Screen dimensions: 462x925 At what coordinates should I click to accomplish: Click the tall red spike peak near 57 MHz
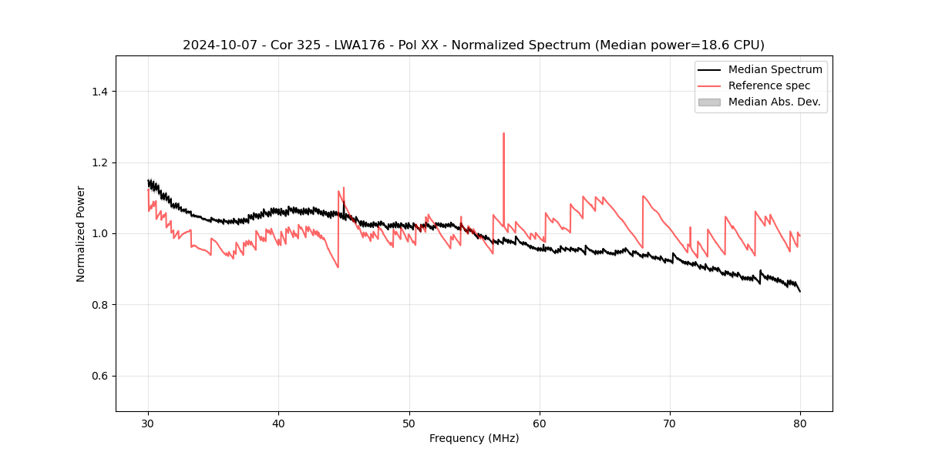click(x=503, y=133)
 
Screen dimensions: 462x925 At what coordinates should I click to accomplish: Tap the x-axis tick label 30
click(x=149, y=423)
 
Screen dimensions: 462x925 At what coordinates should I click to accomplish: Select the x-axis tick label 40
click(x=279, y=423)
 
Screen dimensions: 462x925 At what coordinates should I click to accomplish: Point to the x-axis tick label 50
click(x=409, y=423)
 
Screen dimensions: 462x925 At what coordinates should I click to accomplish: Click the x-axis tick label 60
click(x=540, y=423)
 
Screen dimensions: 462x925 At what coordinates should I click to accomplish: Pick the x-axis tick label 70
click(x=670, y=423)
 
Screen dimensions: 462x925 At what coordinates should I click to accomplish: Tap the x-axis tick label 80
click(x=800, y=423)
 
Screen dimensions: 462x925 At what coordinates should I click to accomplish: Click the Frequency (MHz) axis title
click(x=474, y=438)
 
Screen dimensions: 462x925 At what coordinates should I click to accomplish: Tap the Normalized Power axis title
click(x=81, y=233)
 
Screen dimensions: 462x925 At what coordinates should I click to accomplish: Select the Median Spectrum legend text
click(x=775, y=69)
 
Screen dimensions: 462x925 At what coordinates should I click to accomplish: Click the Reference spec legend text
click(x=769, y=85)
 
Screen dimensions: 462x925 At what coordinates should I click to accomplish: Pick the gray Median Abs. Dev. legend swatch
click(x=709, y=102)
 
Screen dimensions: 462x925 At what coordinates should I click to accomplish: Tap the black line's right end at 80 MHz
click(x=800, y=291)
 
